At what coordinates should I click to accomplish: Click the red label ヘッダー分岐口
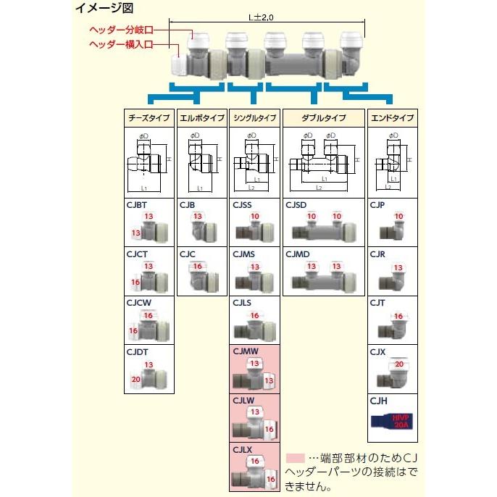click(121, 30)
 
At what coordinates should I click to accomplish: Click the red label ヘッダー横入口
click(121, 43)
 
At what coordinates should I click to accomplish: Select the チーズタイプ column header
click(149, 118)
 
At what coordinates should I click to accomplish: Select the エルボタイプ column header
click(202, 118)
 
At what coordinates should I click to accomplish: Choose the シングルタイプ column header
click(255, 118)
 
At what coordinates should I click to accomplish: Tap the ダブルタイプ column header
click(324, 118)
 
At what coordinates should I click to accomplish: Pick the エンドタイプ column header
click(392, 118)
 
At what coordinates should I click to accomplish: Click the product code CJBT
click(137, 205)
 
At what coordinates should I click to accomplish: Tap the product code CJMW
click(245, 351)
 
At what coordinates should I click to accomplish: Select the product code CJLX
click(243, 449)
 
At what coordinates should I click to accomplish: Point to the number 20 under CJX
click(399, 365)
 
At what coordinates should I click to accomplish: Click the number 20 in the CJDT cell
click(135, 379)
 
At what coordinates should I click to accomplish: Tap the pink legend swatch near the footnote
click(296, 458)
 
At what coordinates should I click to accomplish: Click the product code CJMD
click(298, 254)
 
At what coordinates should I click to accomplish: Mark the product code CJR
click(377, 254)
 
